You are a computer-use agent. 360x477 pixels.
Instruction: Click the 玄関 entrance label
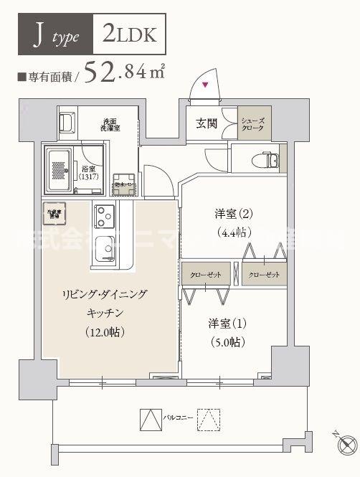(206, 123)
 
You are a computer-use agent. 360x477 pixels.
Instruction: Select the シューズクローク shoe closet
(255, 123)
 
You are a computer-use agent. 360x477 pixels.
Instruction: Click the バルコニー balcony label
(177, 416)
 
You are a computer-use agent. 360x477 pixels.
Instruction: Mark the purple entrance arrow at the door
(206, 86)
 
